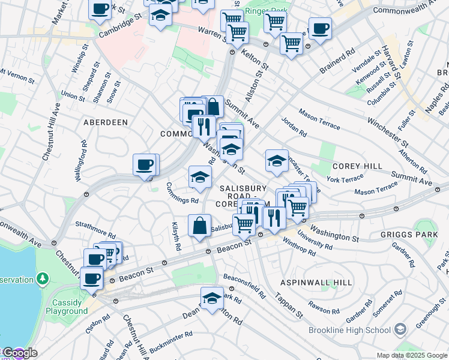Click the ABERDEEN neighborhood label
pyautogui.click(x=105, y=122)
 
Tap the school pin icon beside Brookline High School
pyautogui.click(x=400, y=329)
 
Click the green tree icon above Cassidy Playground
pyautogui.click(x=42, y=278)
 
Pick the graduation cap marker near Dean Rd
pyautogui.click(x=212, y=298)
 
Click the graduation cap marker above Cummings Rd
pyautogui.click(x=200, y=176)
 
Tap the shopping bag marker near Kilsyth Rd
pyautogui.click(x=199, y=226)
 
